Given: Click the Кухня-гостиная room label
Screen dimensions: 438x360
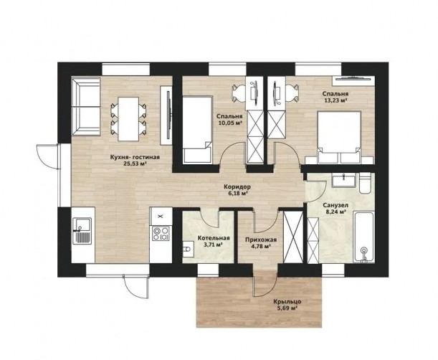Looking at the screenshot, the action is pyautogui.click(x=135, y=157).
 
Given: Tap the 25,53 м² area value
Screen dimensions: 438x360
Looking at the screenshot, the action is pyautogui.click(x=135, y=164).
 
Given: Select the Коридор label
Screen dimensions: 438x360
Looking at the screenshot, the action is pyautogui.click(x=237, y=186).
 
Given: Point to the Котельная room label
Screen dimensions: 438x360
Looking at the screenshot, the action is pyautogui.click(x=214, y=238).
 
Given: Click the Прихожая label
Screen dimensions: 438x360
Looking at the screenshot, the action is pyautogui.click(x=261, y=240).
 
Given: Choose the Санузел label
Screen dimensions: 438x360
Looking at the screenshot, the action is pyautogui.click(x=335, y=205).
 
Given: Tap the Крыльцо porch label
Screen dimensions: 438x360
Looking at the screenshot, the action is pyautogui.click(x=287, y=302).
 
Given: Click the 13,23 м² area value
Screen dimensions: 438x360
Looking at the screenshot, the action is pyautogui.click(x=335, y=100).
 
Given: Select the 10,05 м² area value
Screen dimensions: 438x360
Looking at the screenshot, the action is pyautogui.click(x=229, y=123).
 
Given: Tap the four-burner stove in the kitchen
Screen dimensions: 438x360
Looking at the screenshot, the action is pyautogui.click(x=161, y=234).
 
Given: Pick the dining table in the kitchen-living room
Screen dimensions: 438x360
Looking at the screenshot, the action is pyautogui.click(x=128, y=119).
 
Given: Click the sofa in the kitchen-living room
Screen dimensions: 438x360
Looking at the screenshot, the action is pyautogui.click(x=86, y=106).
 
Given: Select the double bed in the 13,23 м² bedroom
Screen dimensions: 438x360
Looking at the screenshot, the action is pyautogui.click(x=339, y=137).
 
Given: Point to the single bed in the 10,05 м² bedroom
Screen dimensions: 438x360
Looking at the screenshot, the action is pyautogui.click(x=197, y=129).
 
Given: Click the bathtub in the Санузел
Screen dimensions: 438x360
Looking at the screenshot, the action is pyautogui.click(x=363, y=237).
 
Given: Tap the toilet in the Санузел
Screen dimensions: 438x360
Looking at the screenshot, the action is pyautogui.click(x=365, y=183).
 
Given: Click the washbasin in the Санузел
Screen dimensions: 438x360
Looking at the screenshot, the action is pyautogui.click(x=344, y=180).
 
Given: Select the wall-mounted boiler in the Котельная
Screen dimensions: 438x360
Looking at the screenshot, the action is pyautogui.click(x=187, y=249).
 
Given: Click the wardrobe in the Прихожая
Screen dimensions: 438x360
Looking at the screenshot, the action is pyautogui.click(x=293, y=237).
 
